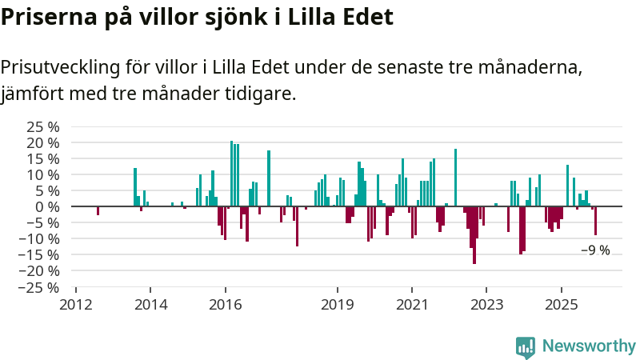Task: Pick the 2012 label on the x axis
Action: pyautogui.click(x=76, y=305)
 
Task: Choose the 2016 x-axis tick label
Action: pyautogui.click(x=225, y=305)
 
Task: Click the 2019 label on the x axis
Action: pyautogui.click(x=337, y=305)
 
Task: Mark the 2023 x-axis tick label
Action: pyautogui.click(x=486, y=305)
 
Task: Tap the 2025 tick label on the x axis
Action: pyautogui.click(x=561, y=305)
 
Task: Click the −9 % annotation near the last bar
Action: pyautogui.click(x=595, y=250)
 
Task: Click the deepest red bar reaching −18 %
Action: pyautogui.click(x=474, y=235)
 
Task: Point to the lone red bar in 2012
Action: pyautogui.click(x=98, y=210)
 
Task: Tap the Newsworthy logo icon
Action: pyautogui.click(x=526, y=346)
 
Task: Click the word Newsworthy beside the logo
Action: pyautogui.click(x=589, y=346)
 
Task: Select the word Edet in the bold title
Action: pyautogui.click(x=366, y=18)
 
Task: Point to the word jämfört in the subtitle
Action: pyautogui.click(x=32, y=94)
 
